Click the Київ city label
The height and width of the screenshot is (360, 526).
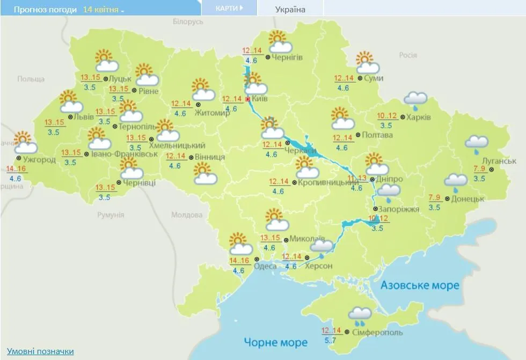coord(260,99)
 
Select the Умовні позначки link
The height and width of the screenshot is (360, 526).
coord(40,351)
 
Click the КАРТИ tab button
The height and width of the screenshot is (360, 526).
coord(229,8)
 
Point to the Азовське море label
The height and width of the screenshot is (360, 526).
coord(420,285)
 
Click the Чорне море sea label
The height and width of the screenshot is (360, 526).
coord(276,342)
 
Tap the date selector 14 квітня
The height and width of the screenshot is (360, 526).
coord(103,10)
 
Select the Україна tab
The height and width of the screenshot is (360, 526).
coord(290,10)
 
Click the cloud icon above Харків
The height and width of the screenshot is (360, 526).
coord(415,99)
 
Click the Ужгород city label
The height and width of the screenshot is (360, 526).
coord(39,159)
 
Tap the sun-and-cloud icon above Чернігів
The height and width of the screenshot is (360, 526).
coord(279,41)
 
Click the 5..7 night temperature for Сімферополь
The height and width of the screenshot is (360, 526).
coord(331,340)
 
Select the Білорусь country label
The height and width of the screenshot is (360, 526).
coord(188,22)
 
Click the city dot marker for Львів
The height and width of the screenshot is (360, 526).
coord(71,116)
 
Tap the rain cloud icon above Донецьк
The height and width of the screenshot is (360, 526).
coord(455,181)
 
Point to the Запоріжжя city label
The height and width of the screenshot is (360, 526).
coord(399,209)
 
